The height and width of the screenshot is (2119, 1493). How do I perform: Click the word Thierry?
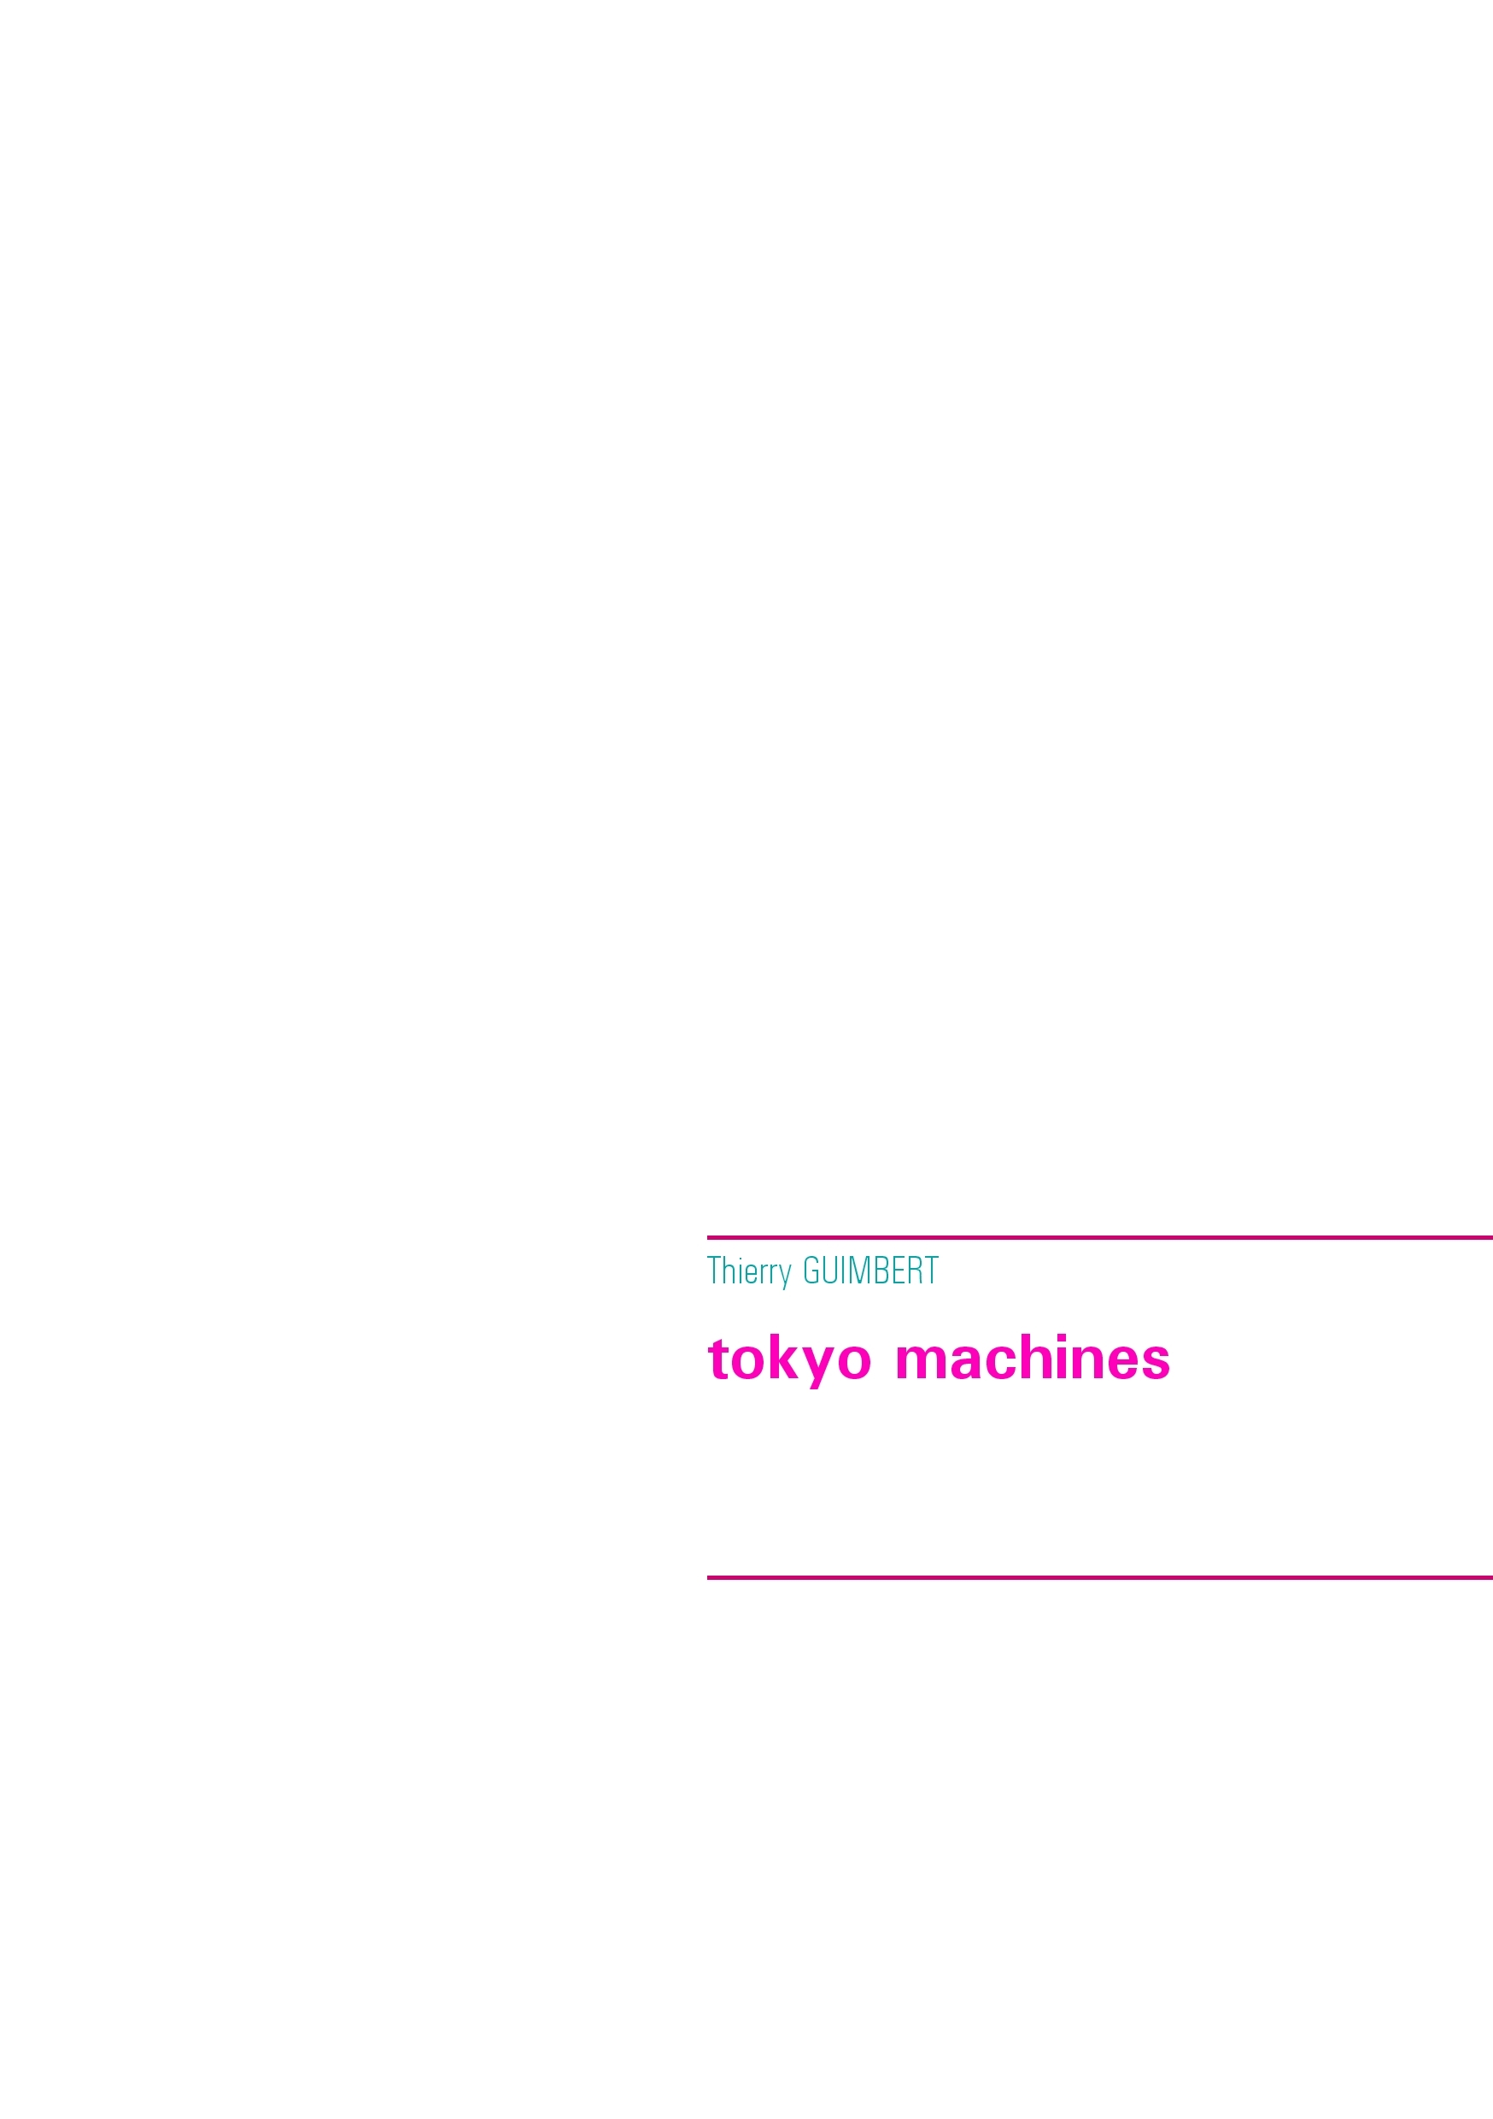point(748,1273)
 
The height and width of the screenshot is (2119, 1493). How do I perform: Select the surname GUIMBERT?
point(871,1271)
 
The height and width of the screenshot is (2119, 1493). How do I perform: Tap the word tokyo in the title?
point(789,1361)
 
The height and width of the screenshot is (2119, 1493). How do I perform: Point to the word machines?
point(1033,1359)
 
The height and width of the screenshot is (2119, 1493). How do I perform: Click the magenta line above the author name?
point(1100,1237)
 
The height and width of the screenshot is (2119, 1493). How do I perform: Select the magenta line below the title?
point(1100,1577)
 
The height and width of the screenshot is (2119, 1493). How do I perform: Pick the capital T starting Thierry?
point(714,1271)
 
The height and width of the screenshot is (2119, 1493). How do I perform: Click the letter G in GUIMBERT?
point(812,1271)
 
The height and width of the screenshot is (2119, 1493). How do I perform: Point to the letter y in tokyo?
point(818,1367)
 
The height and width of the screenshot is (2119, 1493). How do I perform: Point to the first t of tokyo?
point(718,1360)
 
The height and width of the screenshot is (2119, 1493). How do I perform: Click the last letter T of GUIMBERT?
point(931,1271)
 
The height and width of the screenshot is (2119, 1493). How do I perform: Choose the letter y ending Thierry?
point(784,1277)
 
